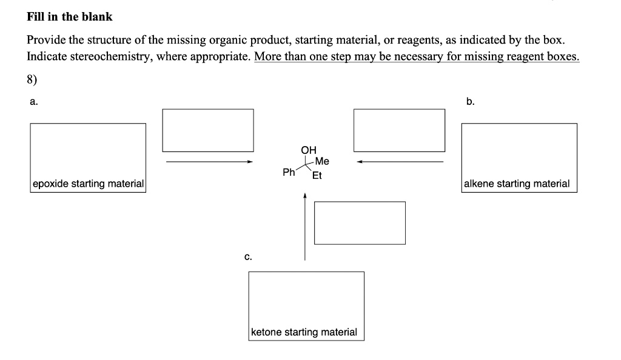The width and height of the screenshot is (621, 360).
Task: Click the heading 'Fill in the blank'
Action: point(70,17)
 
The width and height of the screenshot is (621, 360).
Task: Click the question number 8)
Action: point(34,79)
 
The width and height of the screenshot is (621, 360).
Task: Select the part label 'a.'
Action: point(34,102)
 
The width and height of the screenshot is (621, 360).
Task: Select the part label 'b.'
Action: point(471,102)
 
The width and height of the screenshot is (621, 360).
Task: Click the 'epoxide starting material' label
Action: point(88,184)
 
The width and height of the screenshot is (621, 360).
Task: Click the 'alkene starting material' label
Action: point(517,184)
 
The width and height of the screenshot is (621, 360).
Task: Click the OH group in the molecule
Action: point(308,150)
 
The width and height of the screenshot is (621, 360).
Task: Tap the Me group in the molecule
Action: point(322,161)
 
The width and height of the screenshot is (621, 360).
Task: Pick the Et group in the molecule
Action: point(317,176)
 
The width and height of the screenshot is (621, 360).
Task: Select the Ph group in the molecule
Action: point(289,173)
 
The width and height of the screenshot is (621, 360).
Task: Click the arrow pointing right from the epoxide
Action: point(209,162)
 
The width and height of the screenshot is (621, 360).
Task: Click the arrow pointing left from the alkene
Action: point(400,162)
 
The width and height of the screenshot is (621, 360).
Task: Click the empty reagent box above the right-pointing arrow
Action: point(207,130)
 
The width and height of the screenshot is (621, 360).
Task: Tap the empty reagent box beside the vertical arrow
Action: point(360,222)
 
